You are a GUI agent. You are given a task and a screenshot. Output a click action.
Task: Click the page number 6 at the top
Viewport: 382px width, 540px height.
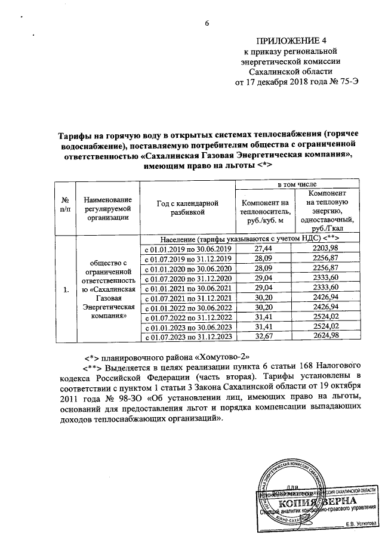tap(207, 23)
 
